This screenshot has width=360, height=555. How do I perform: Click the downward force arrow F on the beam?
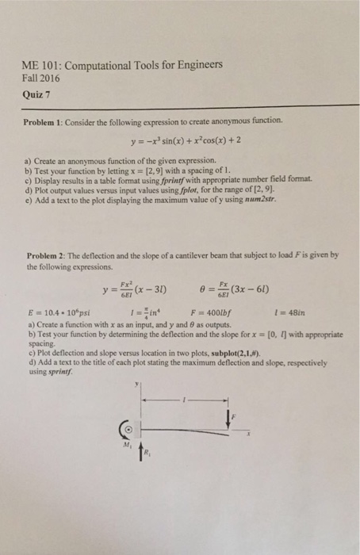coord(231,421)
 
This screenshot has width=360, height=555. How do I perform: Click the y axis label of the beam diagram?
coord(136,383)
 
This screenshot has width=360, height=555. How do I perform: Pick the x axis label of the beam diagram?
coord(247,434)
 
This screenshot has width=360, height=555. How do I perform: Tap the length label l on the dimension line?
coord(184,398)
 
